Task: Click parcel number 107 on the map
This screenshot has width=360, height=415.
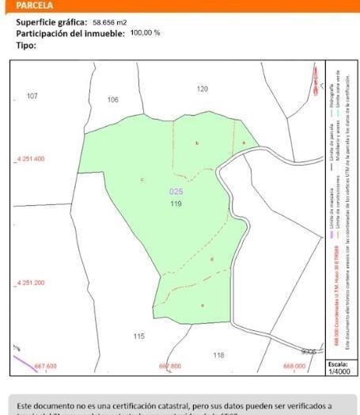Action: pyautogui.click(x=32, y=96)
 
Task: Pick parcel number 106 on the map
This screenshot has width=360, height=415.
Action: pyautogui.click(x=112, y=100)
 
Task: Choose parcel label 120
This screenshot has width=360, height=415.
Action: pyautogui.click(x=203, y=89)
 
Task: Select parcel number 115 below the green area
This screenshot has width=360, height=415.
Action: pyautogui.click(x=138, y=336)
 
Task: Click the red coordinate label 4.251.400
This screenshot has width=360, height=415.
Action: pyautogui.click(x=31, y=159)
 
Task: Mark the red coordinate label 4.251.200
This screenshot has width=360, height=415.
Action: pyautogui.click(x=31, y=283)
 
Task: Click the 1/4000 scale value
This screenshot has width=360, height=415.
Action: pyautogui.click(x=337, y=371)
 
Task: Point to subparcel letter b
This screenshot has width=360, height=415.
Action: pyautogui.click(x=196, y=143)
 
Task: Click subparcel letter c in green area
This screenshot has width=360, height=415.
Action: pyautogui.click(x=142, y=180)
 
